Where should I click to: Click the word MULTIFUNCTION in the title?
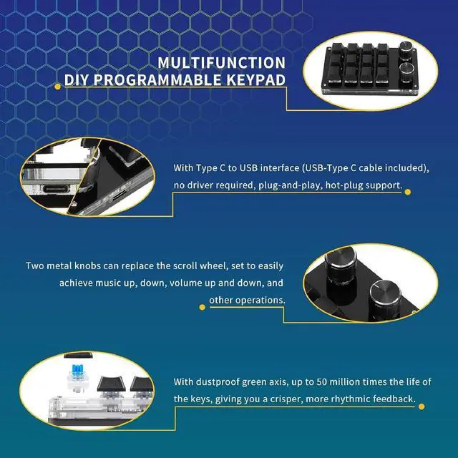[221, 63]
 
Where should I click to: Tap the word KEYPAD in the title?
[260, 79]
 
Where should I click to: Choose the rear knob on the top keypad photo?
[408, 50]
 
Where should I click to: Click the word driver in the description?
[202, 186]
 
